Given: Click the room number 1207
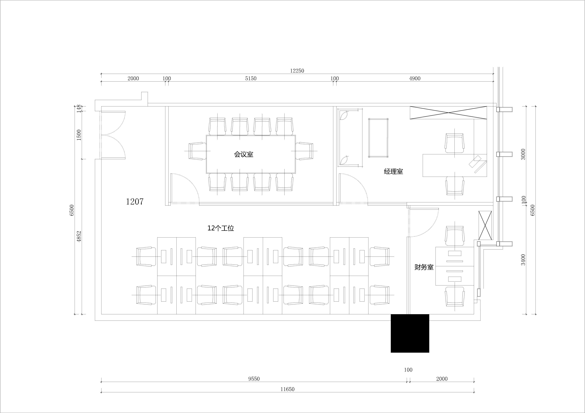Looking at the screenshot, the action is click(x=135, y=202).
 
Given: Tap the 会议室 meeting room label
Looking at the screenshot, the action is click(x=244, y=154).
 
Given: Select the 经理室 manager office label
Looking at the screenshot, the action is click(x=394, y=171).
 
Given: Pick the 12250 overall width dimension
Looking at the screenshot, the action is click(x=297, y=71).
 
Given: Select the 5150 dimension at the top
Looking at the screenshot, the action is click(x=251, y=78).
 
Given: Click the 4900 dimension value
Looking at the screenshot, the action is click(x=415, y=78).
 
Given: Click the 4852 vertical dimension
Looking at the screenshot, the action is click(x=79, y=236).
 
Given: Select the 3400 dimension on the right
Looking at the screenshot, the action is click(x=523, y=260).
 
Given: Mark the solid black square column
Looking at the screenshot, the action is click(x=410, y=333).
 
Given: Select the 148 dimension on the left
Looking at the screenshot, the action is click(x=79, y=109).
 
